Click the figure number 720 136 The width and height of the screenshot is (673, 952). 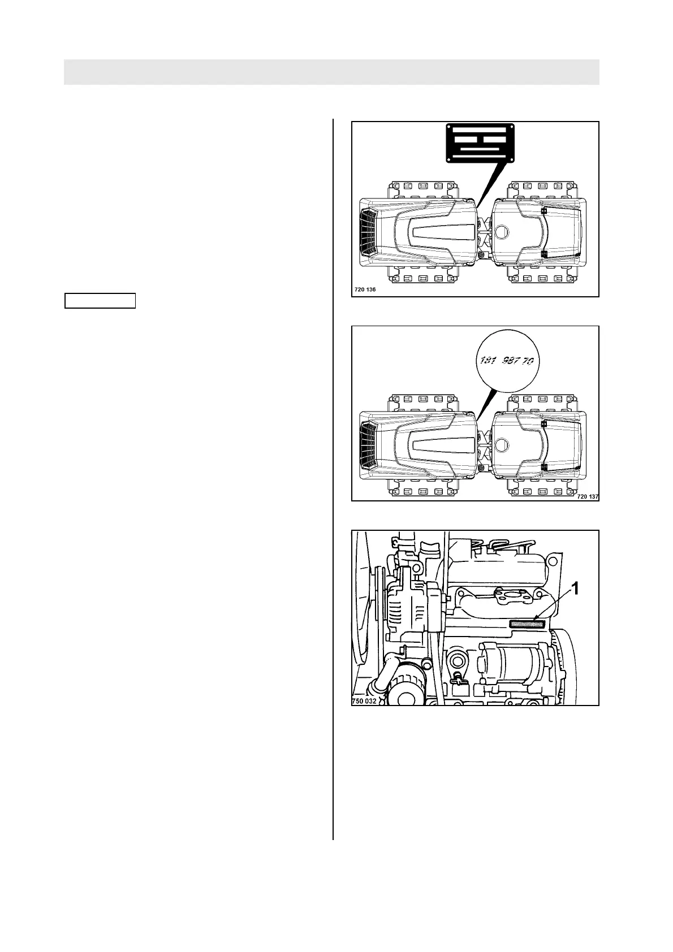point(364,289)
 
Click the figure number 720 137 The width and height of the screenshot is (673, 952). point(587,496)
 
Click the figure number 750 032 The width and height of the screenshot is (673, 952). point(364,701)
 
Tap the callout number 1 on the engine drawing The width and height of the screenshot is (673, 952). point(575,589)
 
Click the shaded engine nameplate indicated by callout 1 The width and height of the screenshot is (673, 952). point(527,624)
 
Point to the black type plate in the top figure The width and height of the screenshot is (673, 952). point(480,142)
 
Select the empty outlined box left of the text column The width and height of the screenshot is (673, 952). point(100,301)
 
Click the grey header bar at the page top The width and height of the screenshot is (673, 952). point(331,72)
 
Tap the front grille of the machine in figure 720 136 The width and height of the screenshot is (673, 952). point(369,232)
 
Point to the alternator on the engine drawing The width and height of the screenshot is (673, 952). point(406,613)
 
